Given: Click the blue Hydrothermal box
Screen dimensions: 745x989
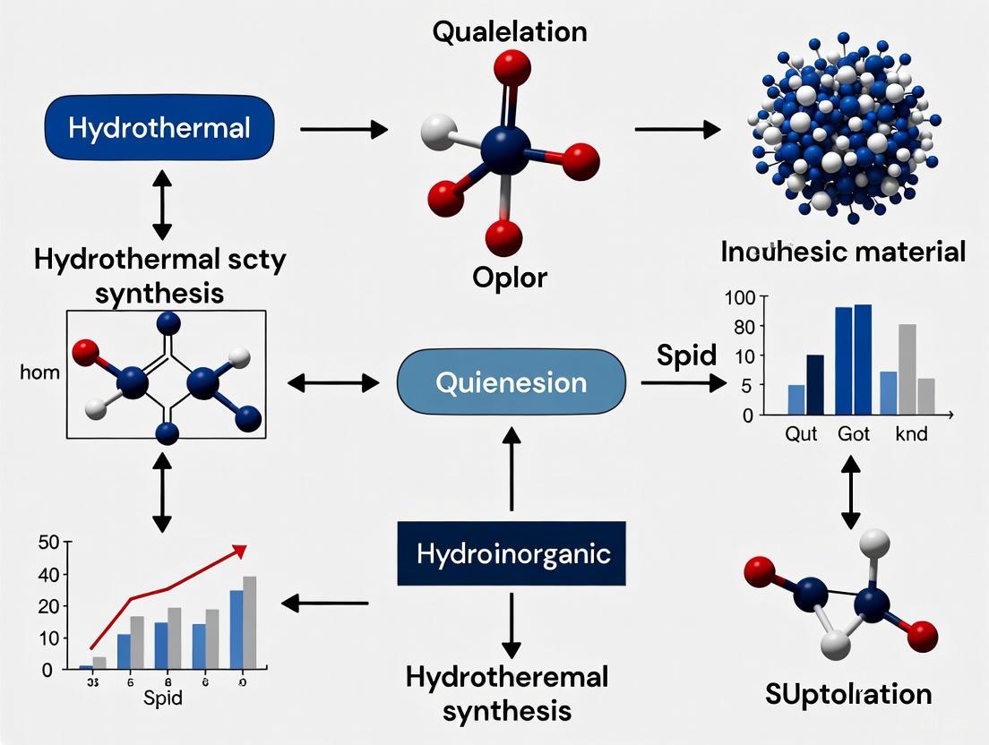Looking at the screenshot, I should click(x=159, y=128).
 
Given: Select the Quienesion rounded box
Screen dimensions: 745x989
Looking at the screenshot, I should click(x=511, y=382).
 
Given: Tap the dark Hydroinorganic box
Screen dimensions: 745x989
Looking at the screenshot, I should click(x=512, y=552).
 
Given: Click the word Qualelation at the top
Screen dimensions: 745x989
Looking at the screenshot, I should click(x=510, y=31).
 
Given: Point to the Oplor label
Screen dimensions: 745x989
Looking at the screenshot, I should click(x=509, y=278).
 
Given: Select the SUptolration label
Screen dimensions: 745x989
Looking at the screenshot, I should click(x=848, y=693).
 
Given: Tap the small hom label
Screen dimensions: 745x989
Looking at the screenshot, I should click(x=39, y=372).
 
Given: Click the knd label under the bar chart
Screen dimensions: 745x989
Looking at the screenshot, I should click(x=911, y=436).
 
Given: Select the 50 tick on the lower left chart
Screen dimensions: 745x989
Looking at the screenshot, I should click(x=47, y=542).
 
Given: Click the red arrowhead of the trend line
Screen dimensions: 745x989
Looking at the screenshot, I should click(x=239, y=549).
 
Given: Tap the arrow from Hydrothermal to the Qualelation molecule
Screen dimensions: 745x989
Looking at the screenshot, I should click(x=343, y=130).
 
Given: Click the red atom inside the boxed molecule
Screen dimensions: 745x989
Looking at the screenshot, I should click(x=85, y=351).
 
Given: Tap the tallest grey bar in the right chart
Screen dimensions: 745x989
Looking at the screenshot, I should click(x=907, y=369).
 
